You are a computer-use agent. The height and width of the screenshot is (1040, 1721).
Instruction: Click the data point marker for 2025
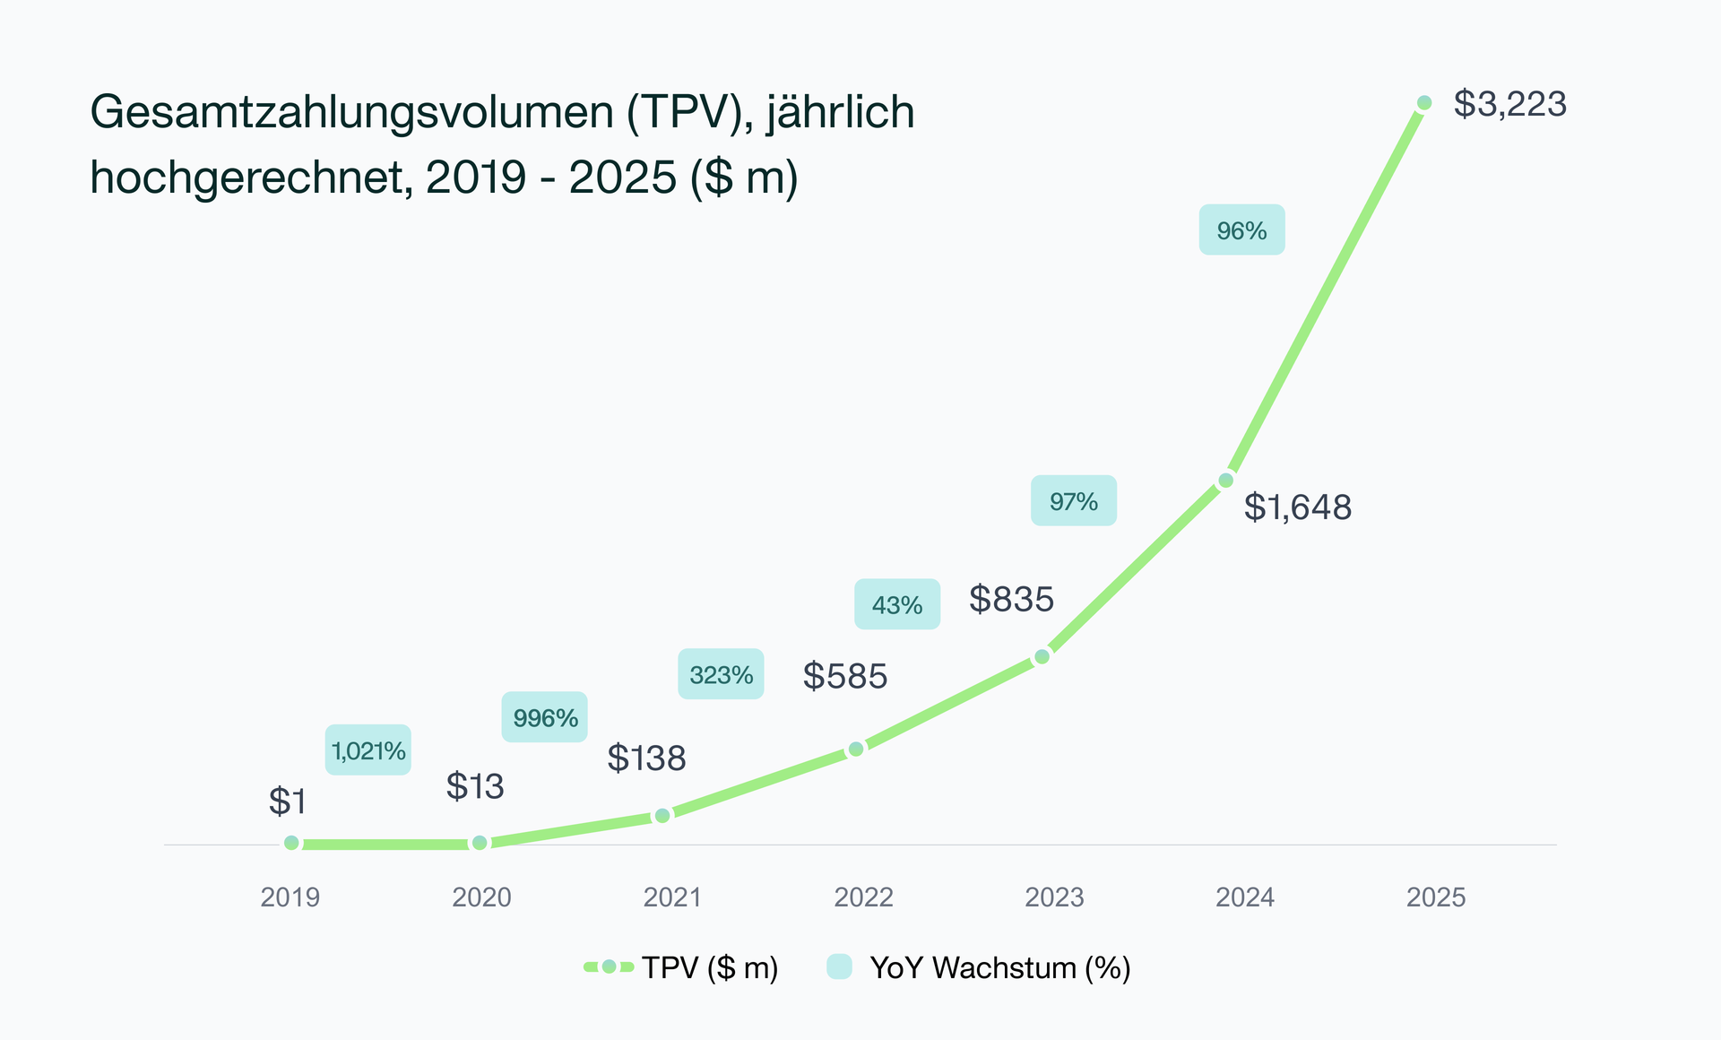pyautogui.click(x=1424, y=103)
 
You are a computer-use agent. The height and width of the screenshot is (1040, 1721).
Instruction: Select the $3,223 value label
pyautogui.click(x=1509, y=104)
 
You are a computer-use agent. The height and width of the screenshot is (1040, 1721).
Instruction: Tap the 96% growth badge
pyautogui.click(x=1241, y=230)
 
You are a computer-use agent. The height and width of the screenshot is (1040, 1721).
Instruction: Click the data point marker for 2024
pyautogui.click(x=1226, y=481)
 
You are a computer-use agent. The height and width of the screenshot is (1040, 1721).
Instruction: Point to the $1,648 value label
pyautogui.click(x=1297, y=507)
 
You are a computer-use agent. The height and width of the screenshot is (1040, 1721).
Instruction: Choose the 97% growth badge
pyautogui.click(x=1073, y=501)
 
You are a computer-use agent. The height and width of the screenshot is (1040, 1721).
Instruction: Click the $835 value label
pyautogui.click(x=1011, y=599)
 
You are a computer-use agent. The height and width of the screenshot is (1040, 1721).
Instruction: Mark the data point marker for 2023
pyautogui.click(x=1042, y=657)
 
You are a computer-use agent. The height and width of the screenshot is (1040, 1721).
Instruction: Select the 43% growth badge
pyautogui.click(x=896, y=605)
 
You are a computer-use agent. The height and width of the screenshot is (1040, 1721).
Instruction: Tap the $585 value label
pyautogui.click(x=844, y=676)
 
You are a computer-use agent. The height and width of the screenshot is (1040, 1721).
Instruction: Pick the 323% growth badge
pyautogui.click(x=721, y=674)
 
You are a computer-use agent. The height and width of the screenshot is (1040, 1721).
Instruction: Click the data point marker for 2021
pyautogui.click(x=662, y=815)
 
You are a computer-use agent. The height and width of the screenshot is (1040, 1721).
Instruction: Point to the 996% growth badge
pyautogui.click(x=545, y=717)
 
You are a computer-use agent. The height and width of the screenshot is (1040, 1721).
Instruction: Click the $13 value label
pyautogui.click(x=475, y=786)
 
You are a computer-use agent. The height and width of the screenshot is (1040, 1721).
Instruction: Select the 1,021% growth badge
pyautogui.click(x=368, y=750)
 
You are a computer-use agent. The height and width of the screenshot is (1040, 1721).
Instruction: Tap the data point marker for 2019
pyautogui.click(x=291, y=843)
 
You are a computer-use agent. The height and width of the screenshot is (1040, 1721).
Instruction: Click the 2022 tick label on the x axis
pyautogui.click(x=863, y=897)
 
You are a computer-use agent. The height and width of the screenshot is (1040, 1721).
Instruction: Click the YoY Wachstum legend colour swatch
pyautogui.click(x=839, y=966)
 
